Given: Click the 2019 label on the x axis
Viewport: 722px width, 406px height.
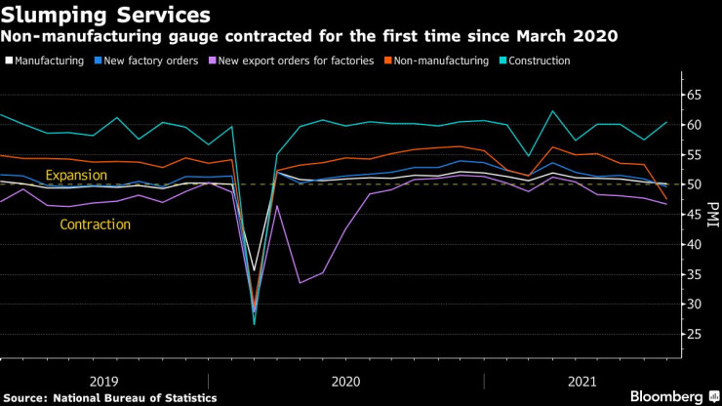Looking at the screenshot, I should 104,380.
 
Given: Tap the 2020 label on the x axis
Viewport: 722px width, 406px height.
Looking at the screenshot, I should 346,380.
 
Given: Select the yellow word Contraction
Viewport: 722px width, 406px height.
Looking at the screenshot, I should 95,224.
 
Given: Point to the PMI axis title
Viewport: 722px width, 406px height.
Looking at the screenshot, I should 712,214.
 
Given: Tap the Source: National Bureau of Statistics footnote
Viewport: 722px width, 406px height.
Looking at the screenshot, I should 109,397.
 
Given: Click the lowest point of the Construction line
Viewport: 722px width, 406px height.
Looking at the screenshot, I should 254,323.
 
